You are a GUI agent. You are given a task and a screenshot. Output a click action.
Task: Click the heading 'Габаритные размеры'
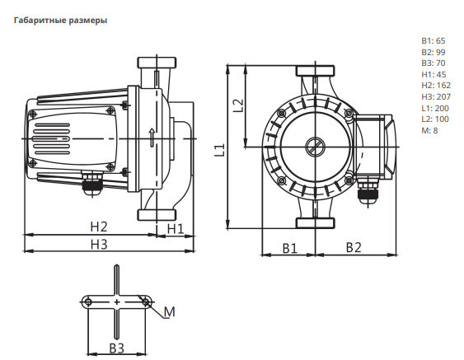tap(60, 21)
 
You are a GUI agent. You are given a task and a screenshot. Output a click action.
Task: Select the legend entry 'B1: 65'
tap(433, 41)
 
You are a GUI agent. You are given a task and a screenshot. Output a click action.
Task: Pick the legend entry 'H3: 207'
tap(436, 96)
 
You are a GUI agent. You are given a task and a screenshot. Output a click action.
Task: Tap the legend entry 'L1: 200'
tap(435, 108)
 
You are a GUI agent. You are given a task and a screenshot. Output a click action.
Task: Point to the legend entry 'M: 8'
tap(429, 130)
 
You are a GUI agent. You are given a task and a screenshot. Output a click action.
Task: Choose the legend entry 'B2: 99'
tap(434, 52)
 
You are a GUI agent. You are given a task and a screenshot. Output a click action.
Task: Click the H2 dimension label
tap(99, 227)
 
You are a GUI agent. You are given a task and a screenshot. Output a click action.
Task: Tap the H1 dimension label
tap(176, 229)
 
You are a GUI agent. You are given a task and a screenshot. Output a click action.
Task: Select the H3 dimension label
tap(99, 245)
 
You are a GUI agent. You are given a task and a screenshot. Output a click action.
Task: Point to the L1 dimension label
tap(220, 150)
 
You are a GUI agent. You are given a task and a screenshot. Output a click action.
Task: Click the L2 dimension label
tap(238, 105)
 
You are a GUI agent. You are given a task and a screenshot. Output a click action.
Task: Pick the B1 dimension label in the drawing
tap(290, 248)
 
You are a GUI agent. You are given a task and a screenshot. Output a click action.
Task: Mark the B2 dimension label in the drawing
tap(354, 247)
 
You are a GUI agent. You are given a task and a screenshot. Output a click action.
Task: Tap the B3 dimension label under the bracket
tap(116, 348)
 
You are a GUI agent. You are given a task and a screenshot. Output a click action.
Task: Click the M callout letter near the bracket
tap(170, 311)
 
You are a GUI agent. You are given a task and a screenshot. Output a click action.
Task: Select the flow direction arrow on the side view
tap(152, 138)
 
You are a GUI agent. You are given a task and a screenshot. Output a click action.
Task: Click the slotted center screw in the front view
tap(316, 147)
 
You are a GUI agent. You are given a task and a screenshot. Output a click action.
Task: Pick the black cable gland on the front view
tap(368, 194)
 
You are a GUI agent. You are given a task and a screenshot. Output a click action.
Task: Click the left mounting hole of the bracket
tap(88, 302)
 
